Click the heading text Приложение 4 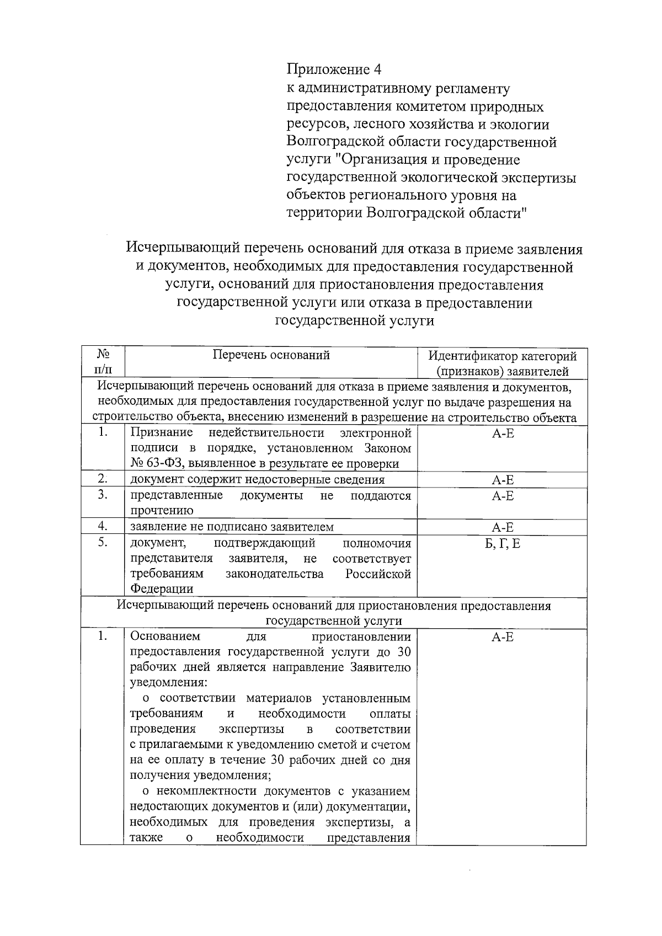tap(334, 69)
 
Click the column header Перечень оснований tap(271, 355)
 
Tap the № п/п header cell tap(103, 362)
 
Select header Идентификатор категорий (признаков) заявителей tap(502, 363)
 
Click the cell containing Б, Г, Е tap(502, 544)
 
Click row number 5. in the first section tap(103, 543)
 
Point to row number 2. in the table tap(103, 478)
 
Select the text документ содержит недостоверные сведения tap(257, 479)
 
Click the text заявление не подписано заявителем tap(232, 527)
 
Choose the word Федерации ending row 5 tap(162, 589)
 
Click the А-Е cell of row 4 tap(502, 527)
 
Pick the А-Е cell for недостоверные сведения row tap(502, 480)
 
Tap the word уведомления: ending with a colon tap(168, 683)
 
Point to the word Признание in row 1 tap(162, 432)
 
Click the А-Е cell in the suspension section tap(502, 637)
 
